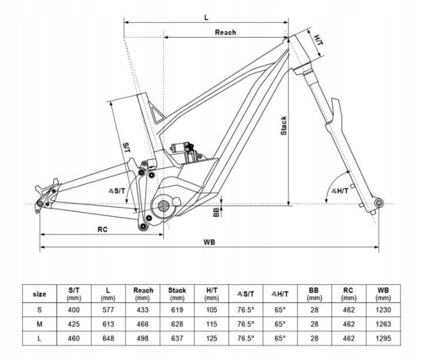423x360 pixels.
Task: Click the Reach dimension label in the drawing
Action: click(225, 33)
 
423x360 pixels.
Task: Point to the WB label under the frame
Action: click(209, 243)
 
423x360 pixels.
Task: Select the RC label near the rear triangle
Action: click(102, 229)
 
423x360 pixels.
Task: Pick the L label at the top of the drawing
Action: click(206, 17)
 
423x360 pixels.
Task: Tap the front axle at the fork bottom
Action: click(378, 203)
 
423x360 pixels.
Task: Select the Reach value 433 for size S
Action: click(143, 309)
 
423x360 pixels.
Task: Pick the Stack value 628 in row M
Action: click(177, 324)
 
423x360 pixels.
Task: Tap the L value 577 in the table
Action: click(108, 309)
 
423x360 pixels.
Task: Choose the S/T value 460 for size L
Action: click(75, 338)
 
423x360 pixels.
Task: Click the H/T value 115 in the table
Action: click(211, 324)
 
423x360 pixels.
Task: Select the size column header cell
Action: click(39, 294)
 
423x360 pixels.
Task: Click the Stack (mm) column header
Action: click(177, 294)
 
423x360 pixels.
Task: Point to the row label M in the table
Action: click(39, 324)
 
